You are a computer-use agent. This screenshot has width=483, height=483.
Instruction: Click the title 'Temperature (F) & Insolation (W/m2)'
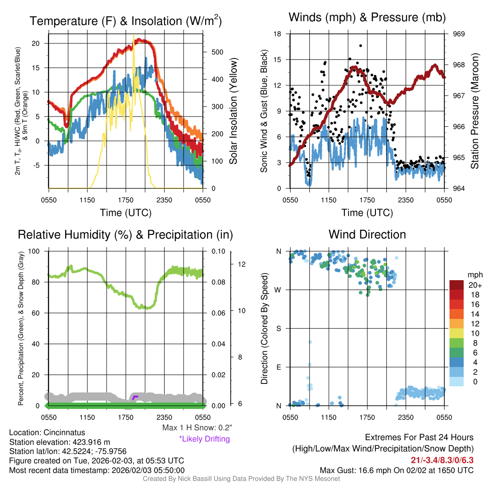point(125,21)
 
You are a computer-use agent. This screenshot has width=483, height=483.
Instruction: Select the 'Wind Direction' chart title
point(367,234)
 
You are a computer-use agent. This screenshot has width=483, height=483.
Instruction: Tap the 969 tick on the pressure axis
point(459,34)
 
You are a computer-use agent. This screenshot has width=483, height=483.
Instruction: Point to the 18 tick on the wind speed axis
point(278,34)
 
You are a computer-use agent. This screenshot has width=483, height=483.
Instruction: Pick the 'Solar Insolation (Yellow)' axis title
point(233,111)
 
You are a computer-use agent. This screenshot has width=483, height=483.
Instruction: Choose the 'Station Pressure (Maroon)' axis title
point(475,111)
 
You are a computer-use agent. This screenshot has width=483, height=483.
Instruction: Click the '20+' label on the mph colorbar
point(474,285)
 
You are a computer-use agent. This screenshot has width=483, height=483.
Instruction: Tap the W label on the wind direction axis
point(279,290)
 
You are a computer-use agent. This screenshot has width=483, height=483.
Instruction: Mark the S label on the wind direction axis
point(279,328)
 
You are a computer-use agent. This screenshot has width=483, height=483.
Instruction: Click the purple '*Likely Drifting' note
point(204,439)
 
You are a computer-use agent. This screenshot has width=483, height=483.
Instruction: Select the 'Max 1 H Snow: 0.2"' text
point(197,428)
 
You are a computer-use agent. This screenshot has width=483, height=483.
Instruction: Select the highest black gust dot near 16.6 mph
point(361,46)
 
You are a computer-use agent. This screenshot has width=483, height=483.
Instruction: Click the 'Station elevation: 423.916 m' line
point(59,442)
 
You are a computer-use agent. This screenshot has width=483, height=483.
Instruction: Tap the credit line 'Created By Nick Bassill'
point(241,479)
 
